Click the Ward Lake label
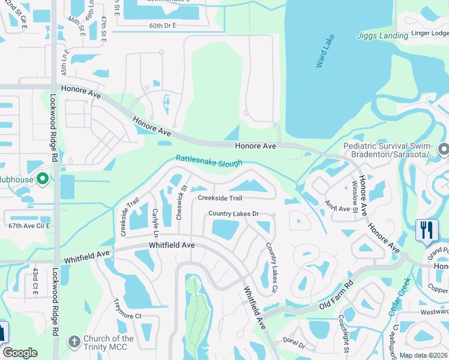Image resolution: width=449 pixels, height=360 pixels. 325,52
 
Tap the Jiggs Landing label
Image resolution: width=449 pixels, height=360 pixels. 383,36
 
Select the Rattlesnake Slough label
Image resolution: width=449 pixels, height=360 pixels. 209,161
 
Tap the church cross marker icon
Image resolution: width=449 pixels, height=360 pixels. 74,341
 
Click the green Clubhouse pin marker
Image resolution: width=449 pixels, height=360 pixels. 43,179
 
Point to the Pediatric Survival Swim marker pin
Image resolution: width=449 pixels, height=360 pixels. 444,148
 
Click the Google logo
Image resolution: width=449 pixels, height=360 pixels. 20,353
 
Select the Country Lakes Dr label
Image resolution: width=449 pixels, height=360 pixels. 233,214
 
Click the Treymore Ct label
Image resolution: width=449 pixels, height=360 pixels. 127,316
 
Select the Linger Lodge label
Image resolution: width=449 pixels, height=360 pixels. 430,34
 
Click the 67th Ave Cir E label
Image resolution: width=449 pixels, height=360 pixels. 26,225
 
